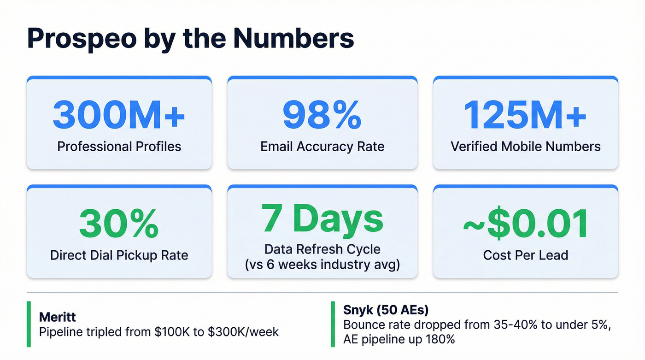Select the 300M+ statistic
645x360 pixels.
tap(119, 114)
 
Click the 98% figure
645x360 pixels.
tap(322, 114)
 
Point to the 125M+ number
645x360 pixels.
tap(525, 114)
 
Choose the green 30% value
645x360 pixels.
tap(119, 224)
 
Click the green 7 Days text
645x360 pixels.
tap(322, 218)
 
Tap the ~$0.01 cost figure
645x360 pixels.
tap(525, 224)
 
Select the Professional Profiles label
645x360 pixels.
tap(119, 147)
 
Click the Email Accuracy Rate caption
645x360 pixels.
tap(322, 147)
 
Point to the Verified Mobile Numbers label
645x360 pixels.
tap(525, 147)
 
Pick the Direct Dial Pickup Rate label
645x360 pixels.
tap(119, 255)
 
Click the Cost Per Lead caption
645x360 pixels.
tap(525, 255)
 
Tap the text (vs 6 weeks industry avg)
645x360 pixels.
tap(322, 266)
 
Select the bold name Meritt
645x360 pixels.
tap(57, 317)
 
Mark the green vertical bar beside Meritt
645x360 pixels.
tap(29, 324)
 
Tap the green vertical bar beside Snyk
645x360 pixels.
tap(333, 324)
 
